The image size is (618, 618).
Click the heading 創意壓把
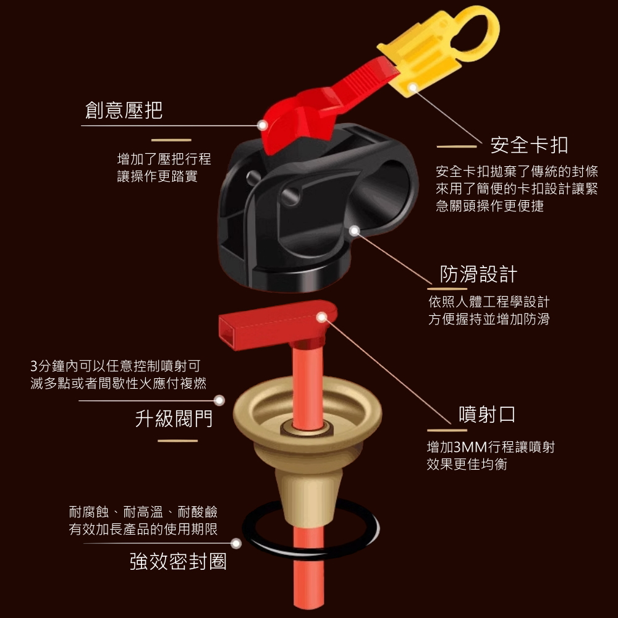click(124, 110)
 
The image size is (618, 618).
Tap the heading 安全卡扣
click(530, 145)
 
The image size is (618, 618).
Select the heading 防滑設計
click(478, 274)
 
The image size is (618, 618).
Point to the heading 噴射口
click(487, 414)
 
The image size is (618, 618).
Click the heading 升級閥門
click(174, 418)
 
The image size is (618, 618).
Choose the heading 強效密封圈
click(178, 561)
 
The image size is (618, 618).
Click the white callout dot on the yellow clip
click(413, 87)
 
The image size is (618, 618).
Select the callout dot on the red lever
click(262, 125)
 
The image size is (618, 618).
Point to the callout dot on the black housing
click(354, 231)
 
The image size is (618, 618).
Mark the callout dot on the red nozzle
click(322, 317)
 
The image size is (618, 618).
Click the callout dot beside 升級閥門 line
click(219, 400)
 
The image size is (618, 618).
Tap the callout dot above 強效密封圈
click(236, 543)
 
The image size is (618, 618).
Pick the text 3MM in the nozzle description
click(470, 447)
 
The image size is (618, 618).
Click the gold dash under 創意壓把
click(171, 140)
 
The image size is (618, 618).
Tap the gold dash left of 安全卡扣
click(457, 146)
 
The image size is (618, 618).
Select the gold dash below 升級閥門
click(177, 441)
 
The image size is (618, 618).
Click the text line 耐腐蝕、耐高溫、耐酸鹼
click(143, 512)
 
